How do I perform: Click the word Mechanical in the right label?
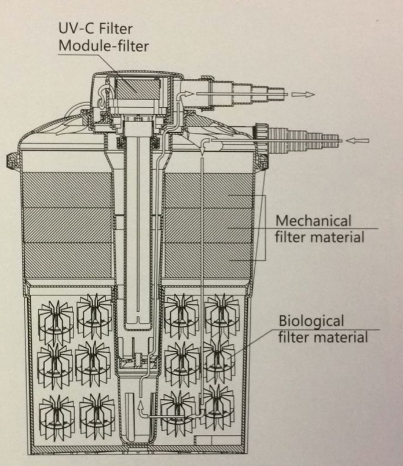click(313, 221)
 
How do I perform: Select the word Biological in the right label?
click(312, 321)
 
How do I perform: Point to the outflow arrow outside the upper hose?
click(303, 94)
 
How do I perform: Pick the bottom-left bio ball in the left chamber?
click(57, 414)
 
